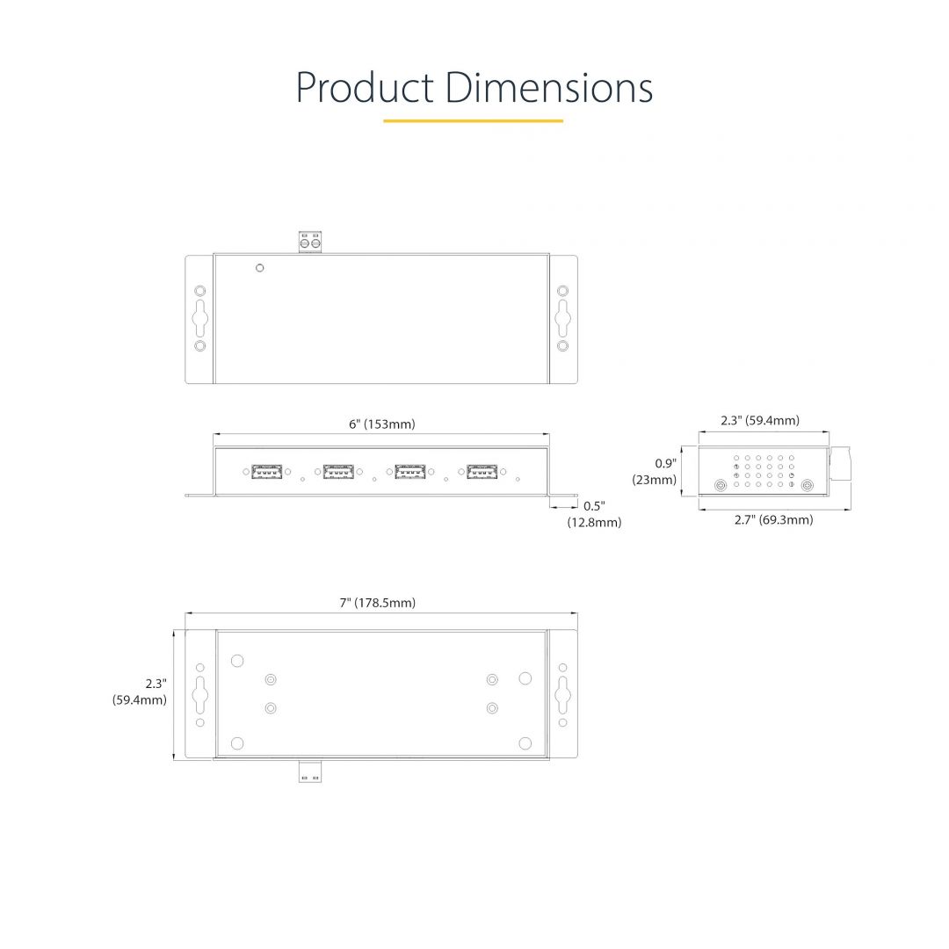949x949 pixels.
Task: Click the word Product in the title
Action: [x=363, y=88]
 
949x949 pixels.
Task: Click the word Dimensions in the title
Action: [x=548, y=88]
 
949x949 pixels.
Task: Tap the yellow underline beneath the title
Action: [x=473, y=121]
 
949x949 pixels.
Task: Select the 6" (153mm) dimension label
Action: [x=381, y=424]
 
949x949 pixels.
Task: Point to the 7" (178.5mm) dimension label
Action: [x=378, y=603]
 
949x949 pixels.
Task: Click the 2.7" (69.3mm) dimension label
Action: [x=773, y=520]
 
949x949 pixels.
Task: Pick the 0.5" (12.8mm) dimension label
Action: [x=594, y=514]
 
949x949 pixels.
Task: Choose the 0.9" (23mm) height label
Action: [x=655, y=472]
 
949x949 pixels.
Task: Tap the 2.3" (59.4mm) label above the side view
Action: [x=760, y=421]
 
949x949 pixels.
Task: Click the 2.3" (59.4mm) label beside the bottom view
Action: [x=140, y=692]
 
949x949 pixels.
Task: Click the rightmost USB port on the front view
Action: [x=481, y=472]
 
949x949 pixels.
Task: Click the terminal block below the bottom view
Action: [x=309, y=772]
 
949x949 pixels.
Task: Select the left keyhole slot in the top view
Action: [x=200, y=317]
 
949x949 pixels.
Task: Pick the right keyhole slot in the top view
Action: [x=562, y=317]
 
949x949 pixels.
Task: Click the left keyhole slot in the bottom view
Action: [x=200, y=694]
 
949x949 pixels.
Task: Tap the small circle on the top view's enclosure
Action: [x=258, y=268]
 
